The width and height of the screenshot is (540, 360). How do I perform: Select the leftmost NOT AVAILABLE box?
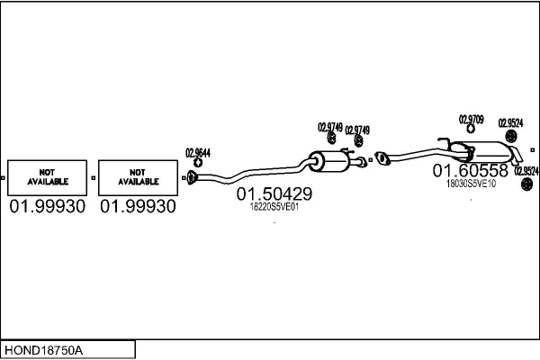47,177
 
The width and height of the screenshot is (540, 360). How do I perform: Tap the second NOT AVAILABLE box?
137,177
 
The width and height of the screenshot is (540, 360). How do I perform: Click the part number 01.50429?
274,193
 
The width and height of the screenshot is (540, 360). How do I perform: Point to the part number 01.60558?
471,169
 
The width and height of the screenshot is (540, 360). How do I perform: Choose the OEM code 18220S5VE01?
274,207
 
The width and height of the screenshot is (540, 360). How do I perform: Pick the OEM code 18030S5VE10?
471,183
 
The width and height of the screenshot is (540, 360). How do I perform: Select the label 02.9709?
472,119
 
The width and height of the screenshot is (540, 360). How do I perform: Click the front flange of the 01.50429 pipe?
191,177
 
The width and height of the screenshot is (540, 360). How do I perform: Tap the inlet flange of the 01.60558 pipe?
381,159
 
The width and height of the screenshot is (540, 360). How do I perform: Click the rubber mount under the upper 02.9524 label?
510,137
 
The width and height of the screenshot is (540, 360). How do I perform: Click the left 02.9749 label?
329,127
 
